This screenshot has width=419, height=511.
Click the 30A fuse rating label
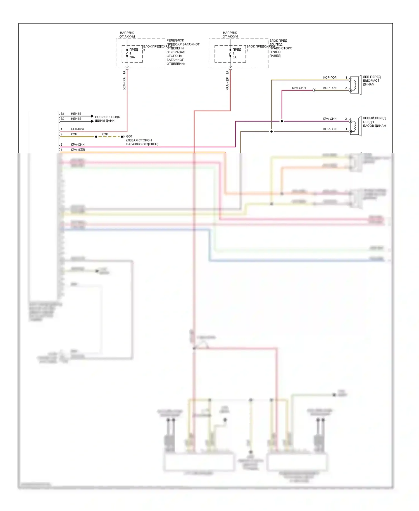[132, 57]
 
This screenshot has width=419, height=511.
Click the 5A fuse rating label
[234, 57]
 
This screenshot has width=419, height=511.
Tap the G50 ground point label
[129, 136]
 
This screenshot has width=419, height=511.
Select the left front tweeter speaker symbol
[356, 85]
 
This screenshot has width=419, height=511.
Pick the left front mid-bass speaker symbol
[356, 126]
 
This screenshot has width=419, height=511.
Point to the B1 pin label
[62, 114]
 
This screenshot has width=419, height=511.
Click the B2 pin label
[62, 119]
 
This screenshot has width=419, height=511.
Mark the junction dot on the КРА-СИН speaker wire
[282, 121]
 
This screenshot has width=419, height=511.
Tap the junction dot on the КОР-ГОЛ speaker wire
[271, 131]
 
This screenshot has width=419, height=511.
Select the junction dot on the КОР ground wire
[96, 137]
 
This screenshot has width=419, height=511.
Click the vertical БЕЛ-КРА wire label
[124, 84]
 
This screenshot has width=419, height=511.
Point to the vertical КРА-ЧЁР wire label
[227, 84]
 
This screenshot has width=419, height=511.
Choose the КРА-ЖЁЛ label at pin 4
[78, 150]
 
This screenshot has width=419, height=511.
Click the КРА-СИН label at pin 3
[78, 145]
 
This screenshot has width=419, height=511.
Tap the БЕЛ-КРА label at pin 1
[77, 129]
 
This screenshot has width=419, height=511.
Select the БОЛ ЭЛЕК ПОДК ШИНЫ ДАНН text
[107, 119]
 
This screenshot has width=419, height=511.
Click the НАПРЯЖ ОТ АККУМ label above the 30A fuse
[127, 35]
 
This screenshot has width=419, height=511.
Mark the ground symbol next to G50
[122, 137]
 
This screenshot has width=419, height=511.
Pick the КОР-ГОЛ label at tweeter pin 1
[330, 78]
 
